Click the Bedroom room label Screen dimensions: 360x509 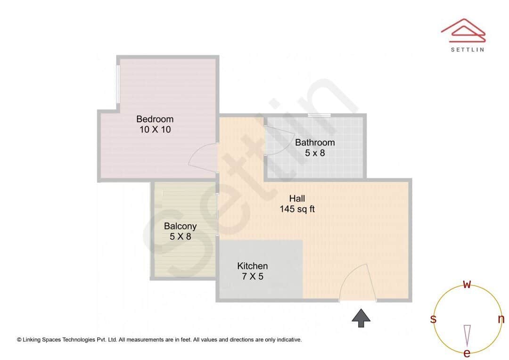click(155, 119)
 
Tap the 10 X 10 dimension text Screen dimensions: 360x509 click(155, 130)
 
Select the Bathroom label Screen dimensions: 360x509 click(315, 142)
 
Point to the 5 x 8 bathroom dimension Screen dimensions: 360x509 click(315, 153)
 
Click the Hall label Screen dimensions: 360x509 click(297, 198)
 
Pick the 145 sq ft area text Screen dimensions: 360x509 click(297, 209)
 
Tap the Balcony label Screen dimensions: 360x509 click(180, 226)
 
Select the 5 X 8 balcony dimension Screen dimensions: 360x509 click(181, 237)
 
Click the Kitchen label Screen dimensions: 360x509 click(252, 266)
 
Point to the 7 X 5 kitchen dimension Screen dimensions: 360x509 click(253, 277)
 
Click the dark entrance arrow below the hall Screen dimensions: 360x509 click(361, 318)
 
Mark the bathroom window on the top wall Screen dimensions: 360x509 click(319, 115)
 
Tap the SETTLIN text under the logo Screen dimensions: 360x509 click(467, 49)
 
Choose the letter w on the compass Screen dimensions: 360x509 click(467, 284)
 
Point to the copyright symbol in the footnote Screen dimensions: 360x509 click(19, 339)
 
